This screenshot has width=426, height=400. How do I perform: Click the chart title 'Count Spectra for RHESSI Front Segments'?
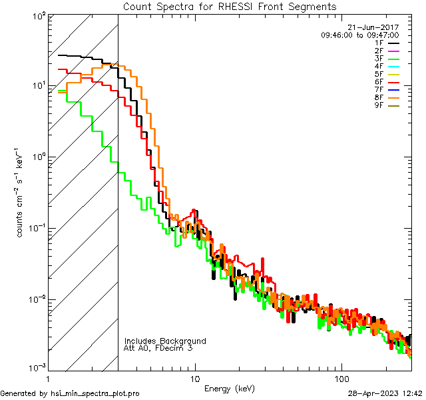point(230,6)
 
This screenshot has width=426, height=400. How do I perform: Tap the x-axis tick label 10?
point(195,379)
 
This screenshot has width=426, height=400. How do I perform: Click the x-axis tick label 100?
point(341,379)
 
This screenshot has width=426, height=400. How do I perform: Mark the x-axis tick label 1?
point(48,379)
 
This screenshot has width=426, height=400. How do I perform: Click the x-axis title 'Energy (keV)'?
point(229,388)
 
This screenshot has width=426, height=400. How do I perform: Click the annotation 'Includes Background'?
point(165,341)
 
